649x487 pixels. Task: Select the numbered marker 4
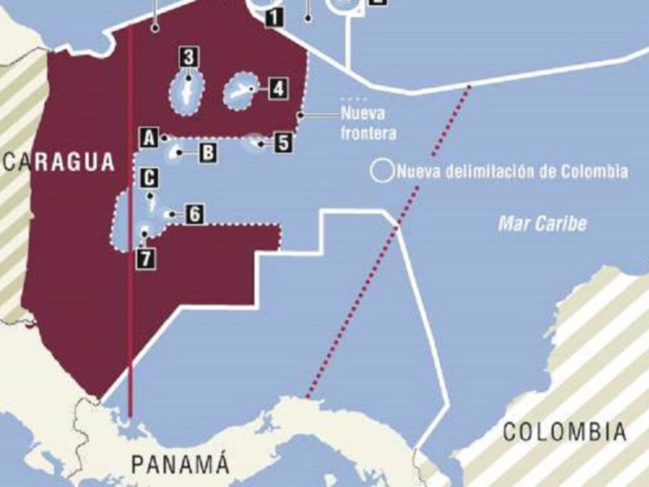pyautogui.click(x=277, y=89)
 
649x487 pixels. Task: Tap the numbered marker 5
pyautogui.click(x=283, y=143)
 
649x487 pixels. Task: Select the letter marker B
pyautogui.click(x=208, y=153)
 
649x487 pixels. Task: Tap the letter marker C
pyautogui.click(x=149, y=178)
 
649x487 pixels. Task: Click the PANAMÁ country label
pyautogui.click(x=181, y=464)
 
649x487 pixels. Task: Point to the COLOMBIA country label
pyautogui.click(x=565, y=432)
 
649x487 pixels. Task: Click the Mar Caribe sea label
pyautogui.click(x=542, y=223)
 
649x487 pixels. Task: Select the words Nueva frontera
pyautogui.click(x=368, y=124)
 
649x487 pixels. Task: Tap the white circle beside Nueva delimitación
pyautogui.click(x=382, y=171)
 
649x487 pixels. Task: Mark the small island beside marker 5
pyautogui.click(x=254, y=143)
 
